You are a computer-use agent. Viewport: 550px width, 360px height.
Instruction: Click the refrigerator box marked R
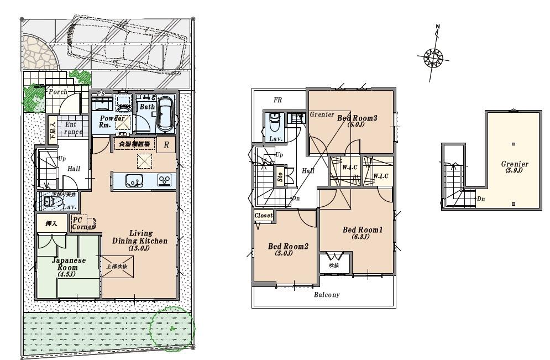(166, 145)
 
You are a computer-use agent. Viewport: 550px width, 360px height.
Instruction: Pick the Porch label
(57, 92)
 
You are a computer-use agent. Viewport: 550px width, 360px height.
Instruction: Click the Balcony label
(327, 295)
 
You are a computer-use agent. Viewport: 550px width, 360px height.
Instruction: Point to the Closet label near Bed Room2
(264, 215)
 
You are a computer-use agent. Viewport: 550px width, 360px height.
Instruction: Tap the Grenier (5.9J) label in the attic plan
(515, 167)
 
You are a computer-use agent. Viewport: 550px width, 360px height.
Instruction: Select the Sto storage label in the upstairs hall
(280, 178)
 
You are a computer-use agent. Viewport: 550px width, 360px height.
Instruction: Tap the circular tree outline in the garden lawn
(172, 327)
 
